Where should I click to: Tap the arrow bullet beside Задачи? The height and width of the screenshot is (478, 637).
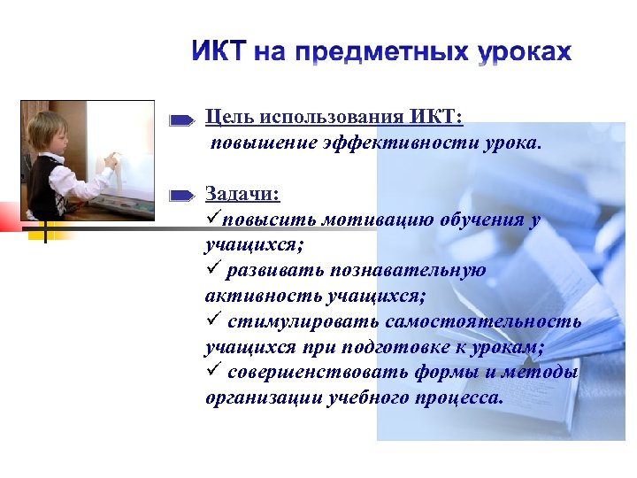click(183, 194)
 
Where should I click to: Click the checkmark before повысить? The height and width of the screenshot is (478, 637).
click(212, 218)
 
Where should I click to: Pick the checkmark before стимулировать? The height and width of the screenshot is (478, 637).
click(212, 320)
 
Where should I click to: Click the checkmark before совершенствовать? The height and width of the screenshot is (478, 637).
click(212, 372)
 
